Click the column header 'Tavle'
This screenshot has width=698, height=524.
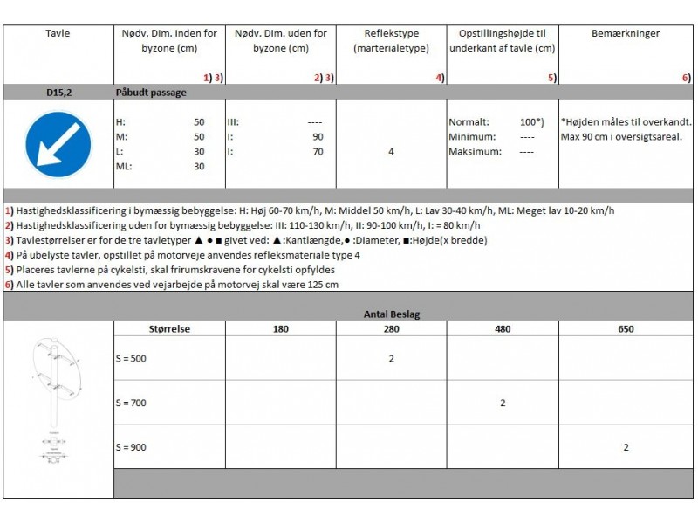coord(58,34)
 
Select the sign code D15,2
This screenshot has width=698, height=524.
coord(58,91)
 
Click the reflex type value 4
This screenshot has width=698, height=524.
coord(391,152)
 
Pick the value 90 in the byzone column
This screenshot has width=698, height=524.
coord(317,137)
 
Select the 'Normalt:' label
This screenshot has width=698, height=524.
coord(469,122)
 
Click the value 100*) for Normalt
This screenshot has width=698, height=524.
coord(531,122)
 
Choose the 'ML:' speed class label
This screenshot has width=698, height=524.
coord(124,166)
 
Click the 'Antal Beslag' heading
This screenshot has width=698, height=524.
coord(392,313)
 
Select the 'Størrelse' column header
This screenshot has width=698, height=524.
coord(170,329)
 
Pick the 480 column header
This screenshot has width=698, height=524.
coord(503,329)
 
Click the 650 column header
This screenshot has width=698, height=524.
coord(626,329)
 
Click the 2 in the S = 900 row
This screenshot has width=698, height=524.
coord(626,447)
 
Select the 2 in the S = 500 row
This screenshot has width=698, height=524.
coord(391,358)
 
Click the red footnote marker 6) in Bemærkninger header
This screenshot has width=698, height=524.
coord(687,78)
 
